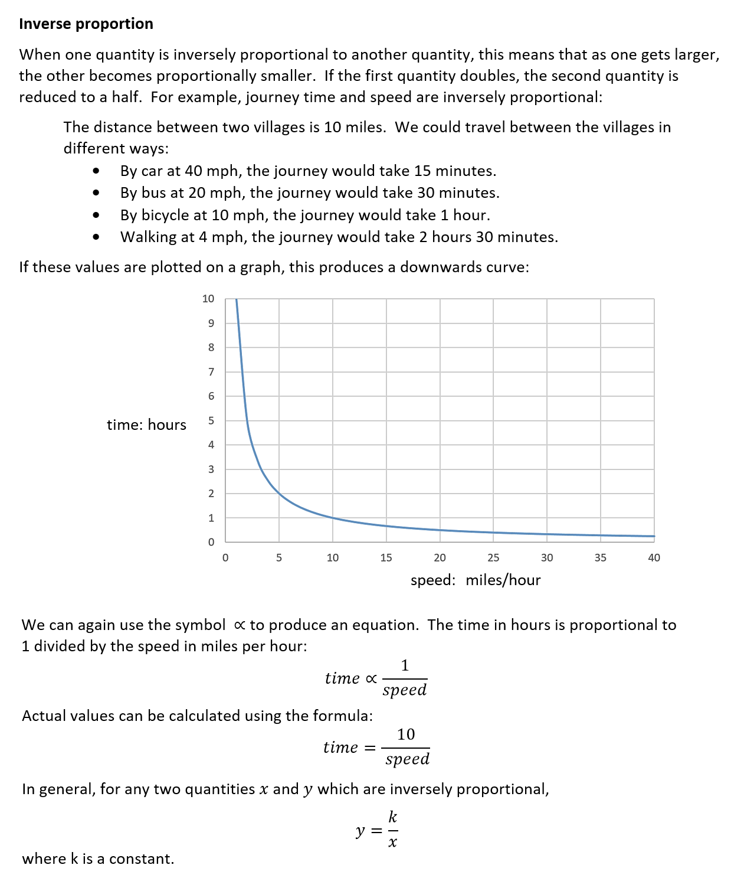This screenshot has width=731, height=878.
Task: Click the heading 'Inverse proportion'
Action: pyautogui.click(x=86, y=24)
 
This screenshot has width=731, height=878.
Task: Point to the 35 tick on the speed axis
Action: pyautogui.click(x=600, y=557)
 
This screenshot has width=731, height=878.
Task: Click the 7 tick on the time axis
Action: pyautogui.click(x=211, y=372)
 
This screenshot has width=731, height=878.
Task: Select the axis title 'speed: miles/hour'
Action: pyautogui.click(x=476, y=580)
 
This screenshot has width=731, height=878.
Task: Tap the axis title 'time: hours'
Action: pyautogui.click(x=146, y=425)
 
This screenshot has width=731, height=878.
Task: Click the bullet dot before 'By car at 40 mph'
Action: pyautogui.click(x=96, y=171)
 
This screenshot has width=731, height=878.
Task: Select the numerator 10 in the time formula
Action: pyautogui.click(x=406, y=734)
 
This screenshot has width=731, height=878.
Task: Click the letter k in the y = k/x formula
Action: pyautogui.click(x=392, y=817)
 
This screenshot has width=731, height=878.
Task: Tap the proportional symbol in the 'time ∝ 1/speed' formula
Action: pyautogui.click(x=371, y=678)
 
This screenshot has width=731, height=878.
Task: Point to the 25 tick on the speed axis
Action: pyautogui.click(x=493, y=557)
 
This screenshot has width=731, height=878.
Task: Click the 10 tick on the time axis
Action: pyautogui.click(x=208, y=299)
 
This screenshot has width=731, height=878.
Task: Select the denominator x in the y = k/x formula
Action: pyautogui.click(x=392, y=843)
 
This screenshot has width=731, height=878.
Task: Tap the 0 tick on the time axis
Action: pyautogui.click(x=211, y=542)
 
